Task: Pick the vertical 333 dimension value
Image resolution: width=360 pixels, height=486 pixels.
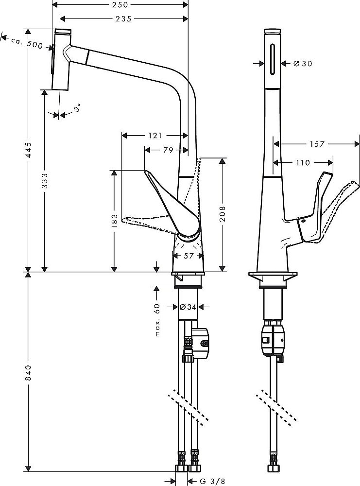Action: (x=45, y=181)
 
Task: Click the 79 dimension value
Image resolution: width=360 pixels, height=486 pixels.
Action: (x=168, y=150)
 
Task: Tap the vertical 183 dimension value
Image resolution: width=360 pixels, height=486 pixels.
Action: (x=114, y=220)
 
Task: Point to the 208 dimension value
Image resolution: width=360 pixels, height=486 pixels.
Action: (x=223, y=213)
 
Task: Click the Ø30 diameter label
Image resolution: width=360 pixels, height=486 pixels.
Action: (x=303, y=64)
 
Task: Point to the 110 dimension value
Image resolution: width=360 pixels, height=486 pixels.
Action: (x=303, y=163)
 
